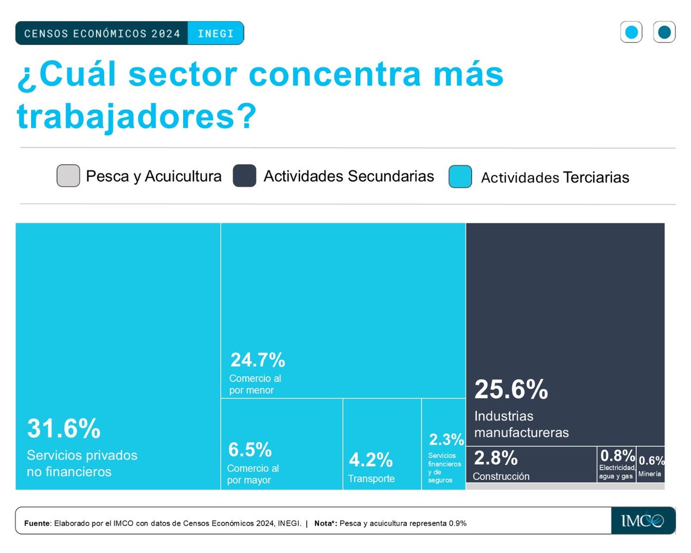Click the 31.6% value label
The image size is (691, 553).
tap(64, 429)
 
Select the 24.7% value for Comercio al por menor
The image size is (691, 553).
tap(257, 361)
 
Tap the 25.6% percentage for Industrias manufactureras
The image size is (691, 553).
tap(511, 390)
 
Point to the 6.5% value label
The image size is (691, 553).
tap(249, 449)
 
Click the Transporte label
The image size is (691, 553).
tap(371, 479)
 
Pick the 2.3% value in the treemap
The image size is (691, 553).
tap(446, 440)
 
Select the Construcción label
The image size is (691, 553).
tap(500, 476)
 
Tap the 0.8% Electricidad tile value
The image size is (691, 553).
tap(616, 455)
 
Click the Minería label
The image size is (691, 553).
tap(650, 475)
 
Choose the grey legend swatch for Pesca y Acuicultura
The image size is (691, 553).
tap(68, 176)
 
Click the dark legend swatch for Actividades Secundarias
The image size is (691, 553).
tap(244, 176)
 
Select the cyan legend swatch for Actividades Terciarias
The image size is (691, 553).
tap(460, 177)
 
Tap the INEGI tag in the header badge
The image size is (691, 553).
tap(215, 33)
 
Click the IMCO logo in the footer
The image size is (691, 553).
tap(643, 521)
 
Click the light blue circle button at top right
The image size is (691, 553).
tap(631, 32)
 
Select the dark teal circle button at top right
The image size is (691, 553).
tap(664, 32)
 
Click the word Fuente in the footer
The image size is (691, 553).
tap(37, 524)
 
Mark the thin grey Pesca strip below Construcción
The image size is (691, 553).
tap(564, 486)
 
